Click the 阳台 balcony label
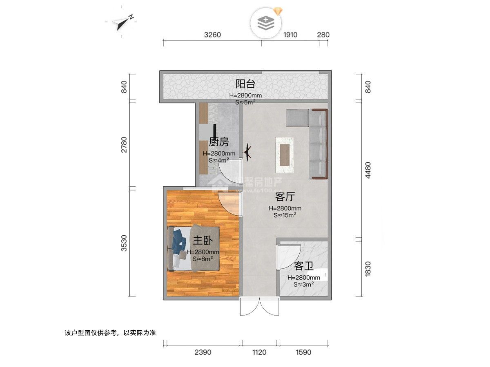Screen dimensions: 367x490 tap(245, 84)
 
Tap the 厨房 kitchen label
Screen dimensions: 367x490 tap(218, 142)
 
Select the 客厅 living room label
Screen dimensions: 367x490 tap(285, 197)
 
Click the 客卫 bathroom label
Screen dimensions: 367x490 tap(304, 267)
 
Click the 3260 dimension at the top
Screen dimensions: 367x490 tap(212, 35)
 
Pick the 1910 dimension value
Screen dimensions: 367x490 tap(290, 35)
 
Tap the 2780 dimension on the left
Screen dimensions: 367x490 tap(124, 145)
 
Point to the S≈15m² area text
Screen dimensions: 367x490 tap(285, 215)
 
